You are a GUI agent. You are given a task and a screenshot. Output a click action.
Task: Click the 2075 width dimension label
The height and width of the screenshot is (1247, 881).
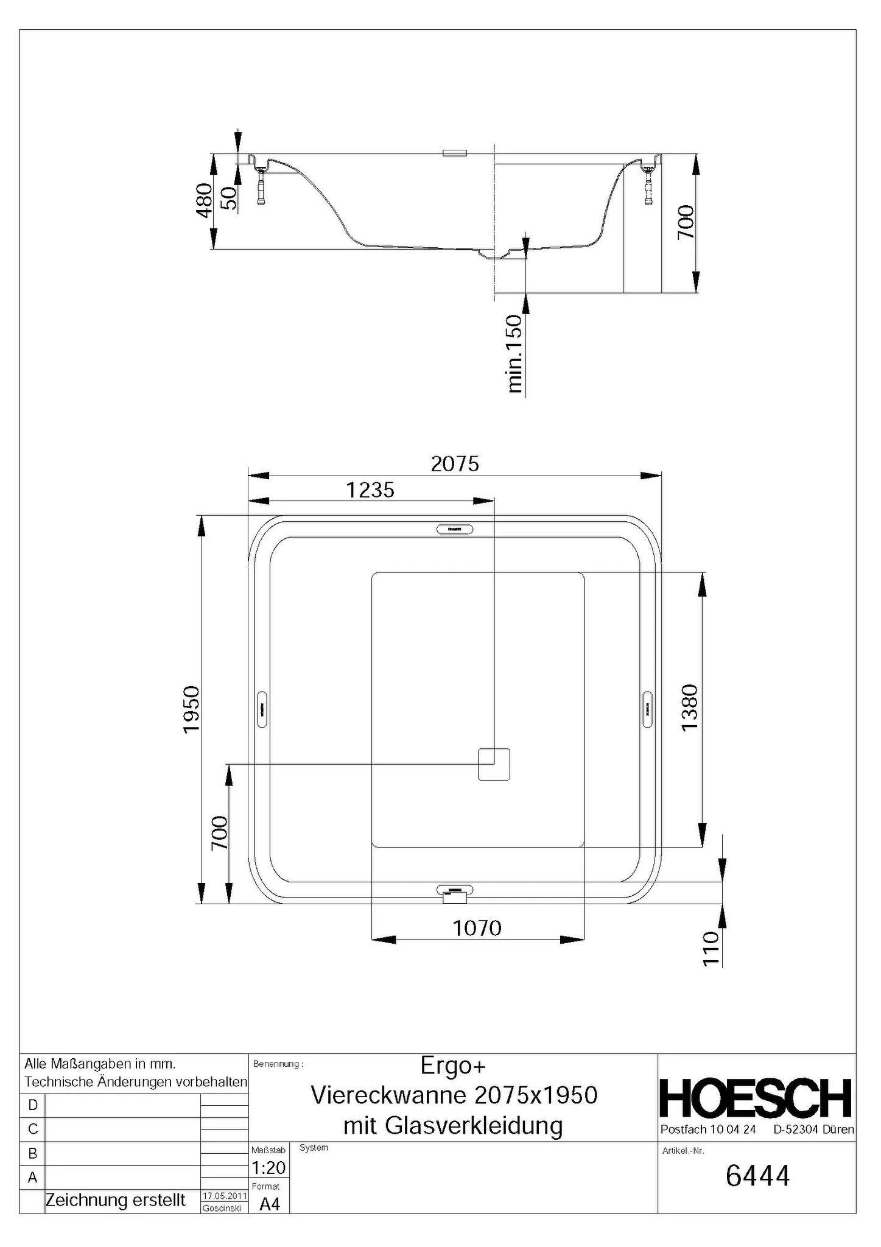pyautogui.click(x=455, y=465)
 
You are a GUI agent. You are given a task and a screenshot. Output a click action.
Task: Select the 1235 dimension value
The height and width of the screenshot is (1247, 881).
pyautogui.click(x=370, y=490)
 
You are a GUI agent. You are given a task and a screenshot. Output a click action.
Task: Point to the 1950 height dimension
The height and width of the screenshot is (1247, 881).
pyautogui.click(x=192, y=709)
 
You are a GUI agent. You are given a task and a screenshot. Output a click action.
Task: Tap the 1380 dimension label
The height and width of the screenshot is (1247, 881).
pyautogui.click(x=689, y=708)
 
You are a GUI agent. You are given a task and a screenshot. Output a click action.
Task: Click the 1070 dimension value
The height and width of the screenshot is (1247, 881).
pyautogui.click(x=477, y=929)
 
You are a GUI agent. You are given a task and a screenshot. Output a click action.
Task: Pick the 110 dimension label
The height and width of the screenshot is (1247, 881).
pyautogui.click(x=711, y=949)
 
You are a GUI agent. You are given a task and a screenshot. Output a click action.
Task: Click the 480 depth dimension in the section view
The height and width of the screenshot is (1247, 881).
pyautogui.click(x=204, y=200)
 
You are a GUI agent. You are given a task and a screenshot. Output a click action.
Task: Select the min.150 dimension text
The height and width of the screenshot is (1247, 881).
pyautogui.click(x=514, y=353)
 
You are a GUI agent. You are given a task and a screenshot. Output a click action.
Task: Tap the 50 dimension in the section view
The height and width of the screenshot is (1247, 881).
pyautogui.click(x=228, y=198)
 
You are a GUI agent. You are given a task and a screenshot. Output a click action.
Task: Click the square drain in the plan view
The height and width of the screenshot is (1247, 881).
pyautogui.click(x=494, y=764)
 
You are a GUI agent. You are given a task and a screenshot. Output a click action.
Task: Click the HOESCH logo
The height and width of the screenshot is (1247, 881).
pyautogui.click(x=756, y=1099)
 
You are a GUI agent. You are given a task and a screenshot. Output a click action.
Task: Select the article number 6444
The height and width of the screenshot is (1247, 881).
pyautogui.click(x=757, y=1176)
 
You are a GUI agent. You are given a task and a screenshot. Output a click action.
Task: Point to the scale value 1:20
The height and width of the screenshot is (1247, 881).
pyautogui.click(x=268, y=1167)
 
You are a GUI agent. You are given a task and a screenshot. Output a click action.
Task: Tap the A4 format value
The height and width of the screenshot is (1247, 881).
pyautogui.click(x=269, y=1204)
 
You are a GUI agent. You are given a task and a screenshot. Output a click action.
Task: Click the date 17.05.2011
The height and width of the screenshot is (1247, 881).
pyautogui.click(x=224, y=1196)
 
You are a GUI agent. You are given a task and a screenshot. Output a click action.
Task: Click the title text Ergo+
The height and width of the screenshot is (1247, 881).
pyautogui.click(x=453, y=1065)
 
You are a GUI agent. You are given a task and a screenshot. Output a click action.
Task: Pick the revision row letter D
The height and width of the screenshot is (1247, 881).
pyautogui.click(x=33, y=1105)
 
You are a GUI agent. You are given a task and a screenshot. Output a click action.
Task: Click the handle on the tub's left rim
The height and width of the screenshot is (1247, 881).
pyautogui.click(x=262, y=709)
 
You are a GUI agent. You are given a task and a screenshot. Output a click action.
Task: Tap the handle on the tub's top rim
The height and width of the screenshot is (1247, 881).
pyautogui.click(x=455, y=529)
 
